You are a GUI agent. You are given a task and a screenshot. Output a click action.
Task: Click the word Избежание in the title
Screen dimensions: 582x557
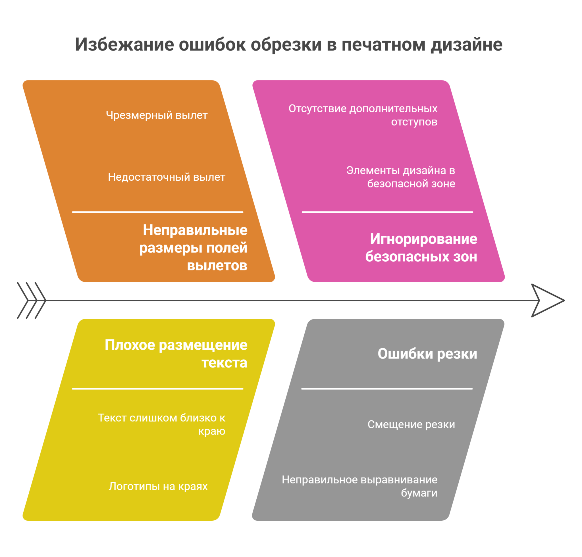124,45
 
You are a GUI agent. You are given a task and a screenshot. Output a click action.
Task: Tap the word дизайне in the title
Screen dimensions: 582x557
467,45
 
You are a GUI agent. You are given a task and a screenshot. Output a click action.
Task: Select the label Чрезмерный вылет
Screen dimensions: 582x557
157,115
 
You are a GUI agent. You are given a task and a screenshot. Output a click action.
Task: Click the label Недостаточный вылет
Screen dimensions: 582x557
167,177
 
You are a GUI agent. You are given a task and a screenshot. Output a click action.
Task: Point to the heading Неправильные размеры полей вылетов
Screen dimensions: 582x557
193,247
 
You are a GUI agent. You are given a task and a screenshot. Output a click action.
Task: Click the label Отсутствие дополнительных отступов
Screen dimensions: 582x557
363,115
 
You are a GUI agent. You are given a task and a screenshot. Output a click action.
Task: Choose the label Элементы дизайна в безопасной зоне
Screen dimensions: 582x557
401,177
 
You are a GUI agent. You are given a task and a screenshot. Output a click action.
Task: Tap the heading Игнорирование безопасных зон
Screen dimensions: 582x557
421,247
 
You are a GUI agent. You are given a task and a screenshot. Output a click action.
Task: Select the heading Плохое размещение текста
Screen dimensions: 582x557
176,353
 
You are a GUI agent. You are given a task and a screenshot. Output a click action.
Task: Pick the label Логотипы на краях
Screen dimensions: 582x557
158,486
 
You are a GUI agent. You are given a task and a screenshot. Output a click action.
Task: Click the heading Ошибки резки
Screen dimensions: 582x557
427,354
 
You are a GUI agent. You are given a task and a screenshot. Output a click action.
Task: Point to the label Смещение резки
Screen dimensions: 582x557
411,424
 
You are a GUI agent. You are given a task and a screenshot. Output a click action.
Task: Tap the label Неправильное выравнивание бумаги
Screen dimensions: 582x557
359,486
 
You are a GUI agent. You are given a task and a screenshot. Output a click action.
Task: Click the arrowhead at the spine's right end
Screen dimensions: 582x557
548,300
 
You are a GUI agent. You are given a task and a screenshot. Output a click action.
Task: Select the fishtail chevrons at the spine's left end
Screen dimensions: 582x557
32,300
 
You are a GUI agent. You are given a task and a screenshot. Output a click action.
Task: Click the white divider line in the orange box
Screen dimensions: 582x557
158,212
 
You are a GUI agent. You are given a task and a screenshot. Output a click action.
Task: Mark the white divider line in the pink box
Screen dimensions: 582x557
388,212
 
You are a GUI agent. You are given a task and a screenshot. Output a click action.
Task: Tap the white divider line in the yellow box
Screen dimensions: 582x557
158,389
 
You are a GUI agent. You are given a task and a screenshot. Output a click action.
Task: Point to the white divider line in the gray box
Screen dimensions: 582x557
387,389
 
